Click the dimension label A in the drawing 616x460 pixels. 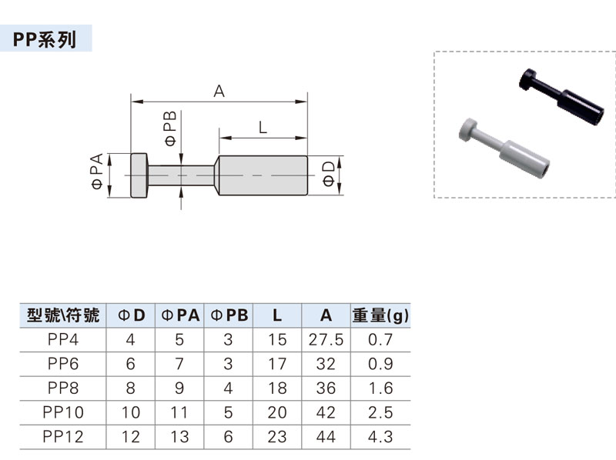click(219, 92)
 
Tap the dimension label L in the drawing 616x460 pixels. click(263, 128)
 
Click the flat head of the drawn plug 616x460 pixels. click(139, 176)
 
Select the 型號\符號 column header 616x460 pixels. click(62, 315)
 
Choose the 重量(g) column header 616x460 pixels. click(381, 315)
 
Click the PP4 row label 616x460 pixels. click(63, 339)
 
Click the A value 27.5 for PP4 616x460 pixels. click(326, 339)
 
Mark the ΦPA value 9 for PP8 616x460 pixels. click(180, 388)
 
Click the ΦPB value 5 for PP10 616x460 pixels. click(229, 412)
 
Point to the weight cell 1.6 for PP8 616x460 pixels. click(380, 388)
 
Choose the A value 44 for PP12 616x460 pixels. click(326, 437)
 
